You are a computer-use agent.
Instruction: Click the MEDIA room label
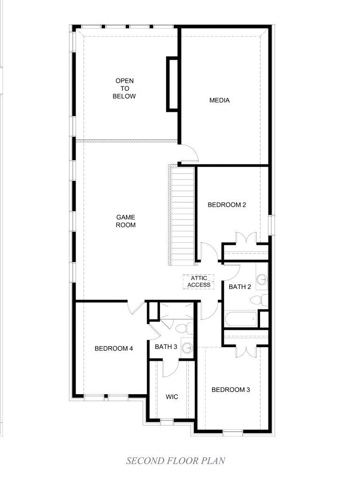pos(219,101)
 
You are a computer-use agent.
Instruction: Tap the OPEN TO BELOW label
pos(124,88)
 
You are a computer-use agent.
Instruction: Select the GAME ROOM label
pos(125,221)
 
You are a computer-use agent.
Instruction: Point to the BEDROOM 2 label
pos(227,205)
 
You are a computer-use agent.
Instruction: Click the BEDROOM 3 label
pos(230,389)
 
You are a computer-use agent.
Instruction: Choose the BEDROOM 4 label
pos(114,349)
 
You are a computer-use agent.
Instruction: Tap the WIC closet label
pos(172,397)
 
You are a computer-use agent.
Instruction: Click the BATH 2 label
pos(240,287)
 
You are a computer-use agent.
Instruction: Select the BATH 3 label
pos(166,347)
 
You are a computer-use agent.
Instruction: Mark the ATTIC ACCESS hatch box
pos(199,282)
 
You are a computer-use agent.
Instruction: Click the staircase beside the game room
pos(182,215)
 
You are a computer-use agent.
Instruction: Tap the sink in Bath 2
pos(262,279)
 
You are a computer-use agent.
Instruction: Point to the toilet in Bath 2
pos(259,300)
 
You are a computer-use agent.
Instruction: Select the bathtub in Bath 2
pos(241,320)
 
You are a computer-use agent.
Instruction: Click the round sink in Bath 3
pos(187,348)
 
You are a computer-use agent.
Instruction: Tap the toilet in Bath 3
pos(184,328)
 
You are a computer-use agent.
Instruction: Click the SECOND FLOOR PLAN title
pos(176,461)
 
